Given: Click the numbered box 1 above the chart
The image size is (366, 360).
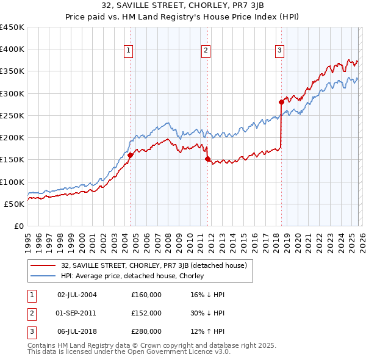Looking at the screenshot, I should [129, 51].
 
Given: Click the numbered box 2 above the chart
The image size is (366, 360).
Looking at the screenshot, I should [206, 51].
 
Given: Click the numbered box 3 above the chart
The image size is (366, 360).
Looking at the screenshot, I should [279, 51].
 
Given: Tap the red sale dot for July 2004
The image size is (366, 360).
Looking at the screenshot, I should [130, 156].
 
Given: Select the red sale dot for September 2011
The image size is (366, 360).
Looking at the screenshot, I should [207, 159].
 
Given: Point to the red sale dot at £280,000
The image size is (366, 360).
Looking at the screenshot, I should [281, 103].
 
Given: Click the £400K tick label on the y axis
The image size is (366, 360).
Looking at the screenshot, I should [12, 49].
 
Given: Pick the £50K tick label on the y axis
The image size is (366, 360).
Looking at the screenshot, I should [14, 204].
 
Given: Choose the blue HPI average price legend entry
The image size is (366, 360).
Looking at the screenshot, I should [132, 276].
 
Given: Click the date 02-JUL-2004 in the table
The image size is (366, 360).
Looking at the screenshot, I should [77, 295].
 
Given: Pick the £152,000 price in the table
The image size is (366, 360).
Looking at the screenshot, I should [146, 313].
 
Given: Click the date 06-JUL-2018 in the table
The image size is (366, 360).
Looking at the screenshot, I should [77, 331].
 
